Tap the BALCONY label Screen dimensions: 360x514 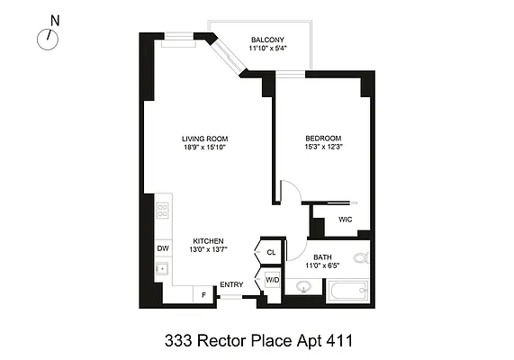(x=267, y=40)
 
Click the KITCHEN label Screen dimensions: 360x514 (x=207, y=241)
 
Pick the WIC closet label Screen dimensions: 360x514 (x=345, y=219)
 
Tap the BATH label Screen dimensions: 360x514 (x=321, y=257)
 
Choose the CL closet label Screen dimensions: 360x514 (x=271, y=253)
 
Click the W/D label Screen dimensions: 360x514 (x=272, y=280)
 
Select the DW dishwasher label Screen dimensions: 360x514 (x=163, y=247)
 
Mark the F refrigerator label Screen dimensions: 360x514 (x=204, y=294)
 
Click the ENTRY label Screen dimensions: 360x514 (x=231, y=285)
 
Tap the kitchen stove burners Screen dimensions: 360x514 (x=163, y=211)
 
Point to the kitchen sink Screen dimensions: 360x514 (x=163, y=268)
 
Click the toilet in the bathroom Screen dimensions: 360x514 (x=360, y=259)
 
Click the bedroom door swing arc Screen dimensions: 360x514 (x=291, y=191)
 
